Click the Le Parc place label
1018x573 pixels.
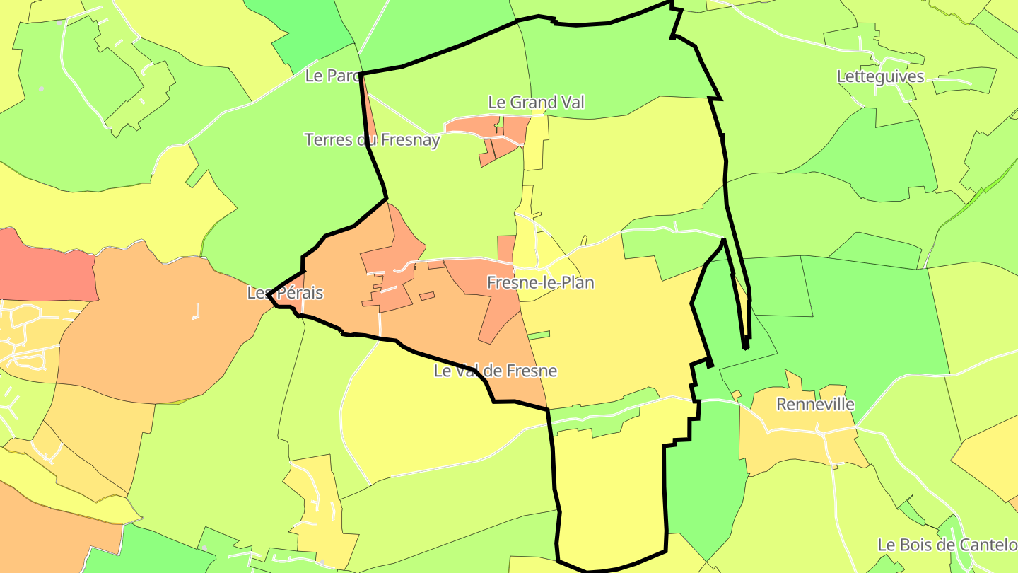[x=333, y=76]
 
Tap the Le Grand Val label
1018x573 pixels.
[x=537, y=102]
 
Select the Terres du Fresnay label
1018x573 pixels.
[x=372, y=139]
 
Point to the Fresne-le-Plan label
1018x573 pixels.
[x=541, y=283]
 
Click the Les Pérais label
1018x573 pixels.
[x=285, y=292]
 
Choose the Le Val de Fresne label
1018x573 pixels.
[x=496, y=371]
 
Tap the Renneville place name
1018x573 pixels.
[x=815, y=405]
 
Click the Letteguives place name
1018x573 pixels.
[x=880, y=76]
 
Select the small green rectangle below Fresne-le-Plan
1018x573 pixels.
[x=539, y=335]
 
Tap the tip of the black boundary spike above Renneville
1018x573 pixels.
[x=745, y=347]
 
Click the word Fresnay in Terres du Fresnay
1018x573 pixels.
[x=409, y=139]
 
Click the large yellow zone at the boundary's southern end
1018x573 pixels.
[x=608, y=488]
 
